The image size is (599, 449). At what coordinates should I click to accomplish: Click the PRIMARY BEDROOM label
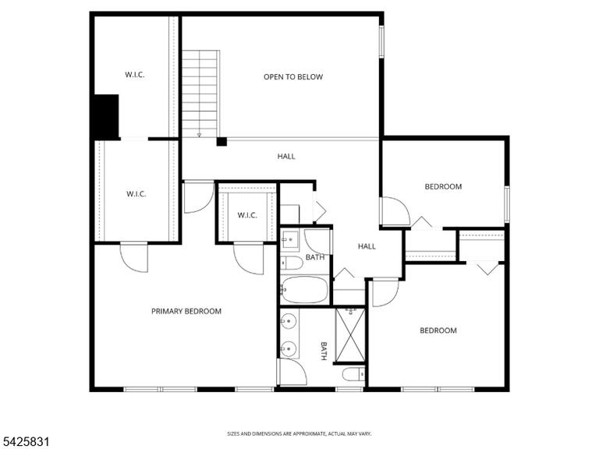[x=186, y=311]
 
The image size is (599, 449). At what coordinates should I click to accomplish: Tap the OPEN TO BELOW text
[x=293, y=76]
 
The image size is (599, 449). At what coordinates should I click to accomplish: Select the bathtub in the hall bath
[x=304, y=289]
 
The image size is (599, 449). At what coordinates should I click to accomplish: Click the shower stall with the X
[x=350, y=335]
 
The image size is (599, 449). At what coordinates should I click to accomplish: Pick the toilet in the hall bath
[x=292, y=263]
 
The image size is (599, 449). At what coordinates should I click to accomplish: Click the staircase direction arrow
[x=199, y=135]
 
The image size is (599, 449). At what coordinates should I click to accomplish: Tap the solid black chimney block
[x=107, y=116]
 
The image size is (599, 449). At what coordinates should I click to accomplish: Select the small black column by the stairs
[x=222, y=142]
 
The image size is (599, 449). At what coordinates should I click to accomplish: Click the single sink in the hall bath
[x=289, y=240]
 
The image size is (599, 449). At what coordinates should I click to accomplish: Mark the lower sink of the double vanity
[x=289, y=348]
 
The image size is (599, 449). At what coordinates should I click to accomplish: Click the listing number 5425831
[x=25, y=442]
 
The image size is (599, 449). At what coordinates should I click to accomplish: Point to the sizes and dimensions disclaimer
[x=299, y=433]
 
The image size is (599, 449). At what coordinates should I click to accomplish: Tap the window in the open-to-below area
[x=381, y=41]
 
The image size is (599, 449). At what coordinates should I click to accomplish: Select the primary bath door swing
[x=293, y=372]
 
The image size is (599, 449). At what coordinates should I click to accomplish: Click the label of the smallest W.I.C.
[x=247, y=215]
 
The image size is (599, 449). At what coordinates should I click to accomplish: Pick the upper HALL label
[x=286, y=156]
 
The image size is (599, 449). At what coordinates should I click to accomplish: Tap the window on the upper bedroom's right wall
[x=507, y=204]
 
